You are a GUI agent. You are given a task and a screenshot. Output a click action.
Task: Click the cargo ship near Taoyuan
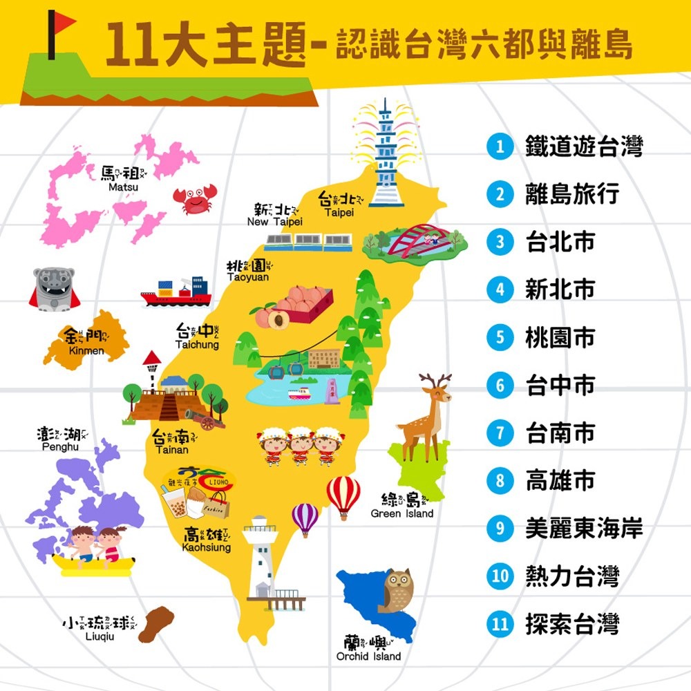(x=176, y=292)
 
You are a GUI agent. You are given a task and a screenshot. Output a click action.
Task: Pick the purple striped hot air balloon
(x=305, y=518)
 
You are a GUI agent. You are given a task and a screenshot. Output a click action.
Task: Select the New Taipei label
(x=275, y=214)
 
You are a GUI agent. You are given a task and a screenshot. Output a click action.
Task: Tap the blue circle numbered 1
(x=500, y=146)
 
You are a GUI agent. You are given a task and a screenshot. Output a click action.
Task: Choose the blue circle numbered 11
(x=500, y=624)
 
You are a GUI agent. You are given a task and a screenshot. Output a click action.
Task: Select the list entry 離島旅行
(x=571, y=194)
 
